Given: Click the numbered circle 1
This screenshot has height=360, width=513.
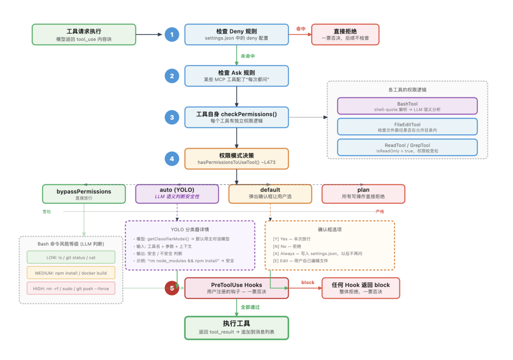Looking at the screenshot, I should pos(172,34).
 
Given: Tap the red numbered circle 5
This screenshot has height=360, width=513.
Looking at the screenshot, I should pos(172,288).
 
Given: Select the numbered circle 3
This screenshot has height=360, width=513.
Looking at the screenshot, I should pos(172,117).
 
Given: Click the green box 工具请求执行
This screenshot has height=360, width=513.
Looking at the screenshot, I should pos(84,34).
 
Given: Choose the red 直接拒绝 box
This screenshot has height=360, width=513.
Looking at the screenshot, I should pos(345,34).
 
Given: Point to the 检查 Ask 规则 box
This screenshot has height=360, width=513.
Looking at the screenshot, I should pos(236,76).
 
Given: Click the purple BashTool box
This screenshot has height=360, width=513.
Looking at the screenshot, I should pos(407,106).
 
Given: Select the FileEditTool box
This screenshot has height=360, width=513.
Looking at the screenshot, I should pos(407,127).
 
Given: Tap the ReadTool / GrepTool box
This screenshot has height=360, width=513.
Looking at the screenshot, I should pos(407,147).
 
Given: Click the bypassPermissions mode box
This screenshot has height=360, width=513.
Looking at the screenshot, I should pos(84,194).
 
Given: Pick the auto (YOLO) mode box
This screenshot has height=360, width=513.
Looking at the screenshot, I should pos(177,194).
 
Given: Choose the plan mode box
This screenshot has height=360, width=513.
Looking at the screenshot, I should pos(363,194).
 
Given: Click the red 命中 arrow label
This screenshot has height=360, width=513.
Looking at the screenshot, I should pos(300,28).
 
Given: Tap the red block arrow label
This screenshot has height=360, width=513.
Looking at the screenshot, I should pos(308,283).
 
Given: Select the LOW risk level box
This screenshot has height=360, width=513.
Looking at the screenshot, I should pos(71,257).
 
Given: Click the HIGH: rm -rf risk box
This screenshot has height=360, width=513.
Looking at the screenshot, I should pos(71,288).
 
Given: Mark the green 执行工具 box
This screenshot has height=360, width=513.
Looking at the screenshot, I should pos(236,328).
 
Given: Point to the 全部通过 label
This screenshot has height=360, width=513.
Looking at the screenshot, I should pos(250,307).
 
